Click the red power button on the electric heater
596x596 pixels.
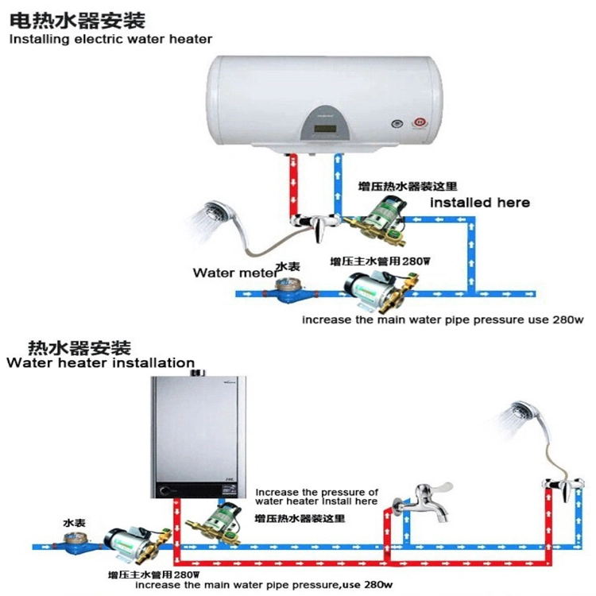pos(420,123)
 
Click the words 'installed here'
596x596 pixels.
pos(480,203)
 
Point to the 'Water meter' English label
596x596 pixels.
pos(232,273)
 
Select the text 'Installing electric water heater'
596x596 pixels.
pos(110,38)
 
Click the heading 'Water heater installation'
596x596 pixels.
pos(100,363)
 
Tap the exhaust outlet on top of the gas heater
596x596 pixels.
pos(192,366)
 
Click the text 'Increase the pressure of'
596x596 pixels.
pos(316,492)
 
